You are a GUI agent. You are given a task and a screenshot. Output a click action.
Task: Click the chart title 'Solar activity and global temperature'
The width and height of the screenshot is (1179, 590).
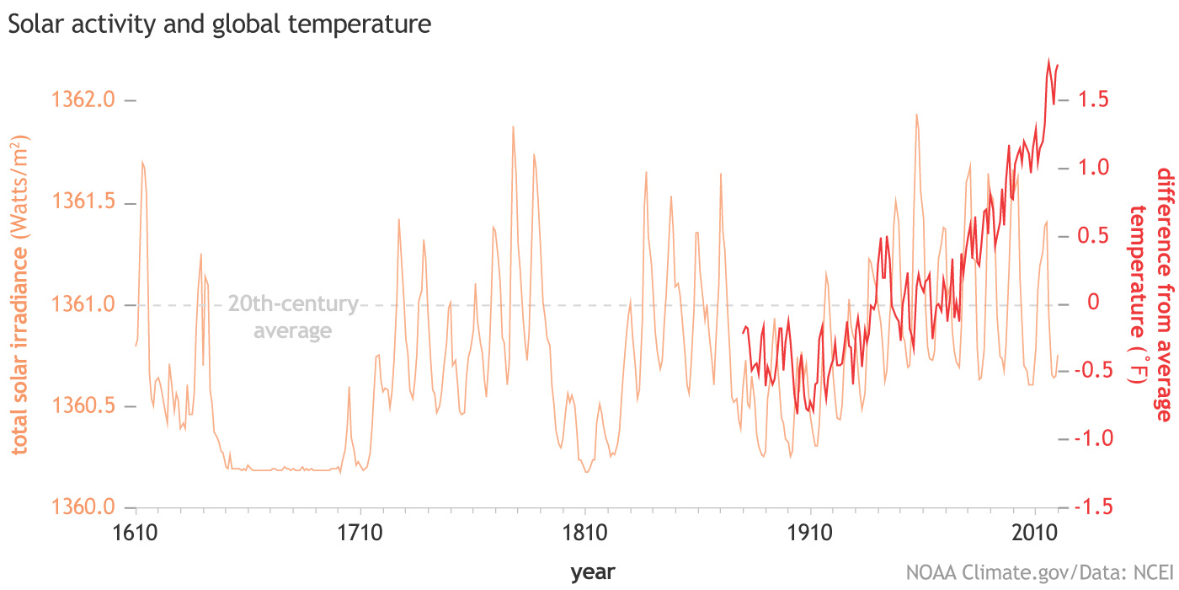pyautogui.click(x=219, y=24)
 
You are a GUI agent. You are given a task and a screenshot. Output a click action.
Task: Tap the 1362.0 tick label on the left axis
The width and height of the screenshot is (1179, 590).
pyautogui.click(x=83, y=100)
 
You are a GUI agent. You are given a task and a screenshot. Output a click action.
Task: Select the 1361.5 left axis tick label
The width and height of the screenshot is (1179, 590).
pyautogui.click(x=83, y=203)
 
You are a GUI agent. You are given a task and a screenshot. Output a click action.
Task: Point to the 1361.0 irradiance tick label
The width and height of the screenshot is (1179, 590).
pyautogui.click(x=83, y=304)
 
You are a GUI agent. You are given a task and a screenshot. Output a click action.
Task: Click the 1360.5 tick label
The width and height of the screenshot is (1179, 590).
pyautogui.click(x=83, y=406)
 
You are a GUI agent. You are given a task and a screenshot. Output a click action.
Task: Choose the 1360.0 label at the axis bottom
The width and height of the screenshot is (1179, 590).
pyautogui.click(x=83, y=507)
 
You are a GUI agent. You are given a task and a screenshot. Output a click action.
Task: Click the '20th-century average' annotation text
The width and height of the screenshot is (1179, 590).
pyautogui.click(x=293, y=317)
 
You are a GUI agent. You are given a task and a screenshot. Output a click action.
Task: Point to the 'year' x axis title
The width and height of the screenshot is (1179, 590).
pyautogui.click(x=593, y=572)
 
